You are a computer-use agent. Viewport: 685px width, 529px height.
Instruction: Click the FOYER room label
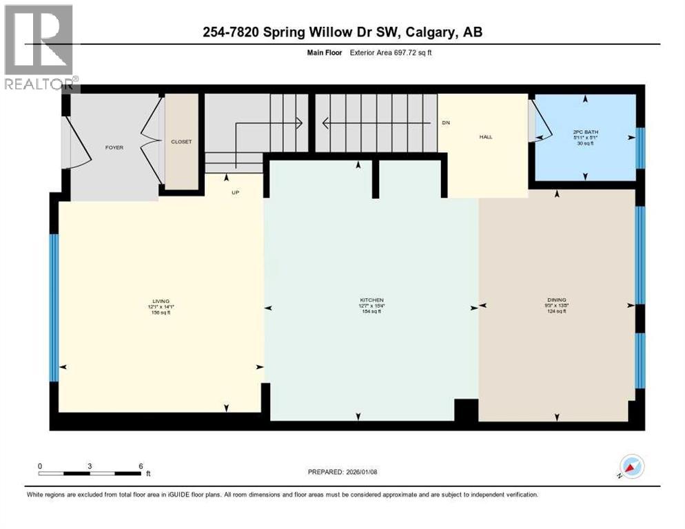pyautogui.click(x=114, y=147)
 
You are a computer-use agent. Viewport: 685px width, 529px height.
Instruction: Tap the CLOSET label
pyautogui.click(x=181, y=141)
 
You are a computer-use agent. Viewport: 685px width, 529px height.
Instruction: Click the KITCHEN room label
pyautogui.click(x=371, y=300)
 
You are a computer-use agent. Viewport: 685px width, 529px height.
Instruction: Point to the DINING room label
pyautogui.click(x=556, y=300)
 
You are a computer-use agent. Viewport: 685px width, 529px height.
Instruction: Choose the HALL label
pyautogui.click(x=486, y=136)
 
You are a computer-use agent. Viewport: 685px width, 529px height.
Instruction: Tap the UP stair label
pyautogui.click(x=235, y=193)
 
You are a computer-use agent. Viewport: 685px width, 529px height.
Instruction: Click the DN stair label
pyautogui.click(x=446, y=123)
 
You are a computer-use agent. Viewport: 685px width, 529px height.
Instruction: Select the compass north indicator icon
pyautogui.click(x=633, y=467)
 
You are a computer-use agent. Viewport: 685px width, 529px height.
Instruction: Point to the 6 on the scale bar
pyautogui.click(x=141, y=466)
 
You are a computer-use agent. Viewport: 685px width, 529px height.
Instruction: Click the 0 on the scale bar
pyautogui.click(x=40, y=466)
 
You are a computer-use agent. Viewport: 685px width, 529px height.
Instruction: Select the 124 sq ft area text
pyautogui.click(x=556, y=312)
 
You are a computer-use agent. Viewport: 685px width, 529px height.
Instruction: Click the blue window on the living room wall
pyautogui.click(x=54, y=307)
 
